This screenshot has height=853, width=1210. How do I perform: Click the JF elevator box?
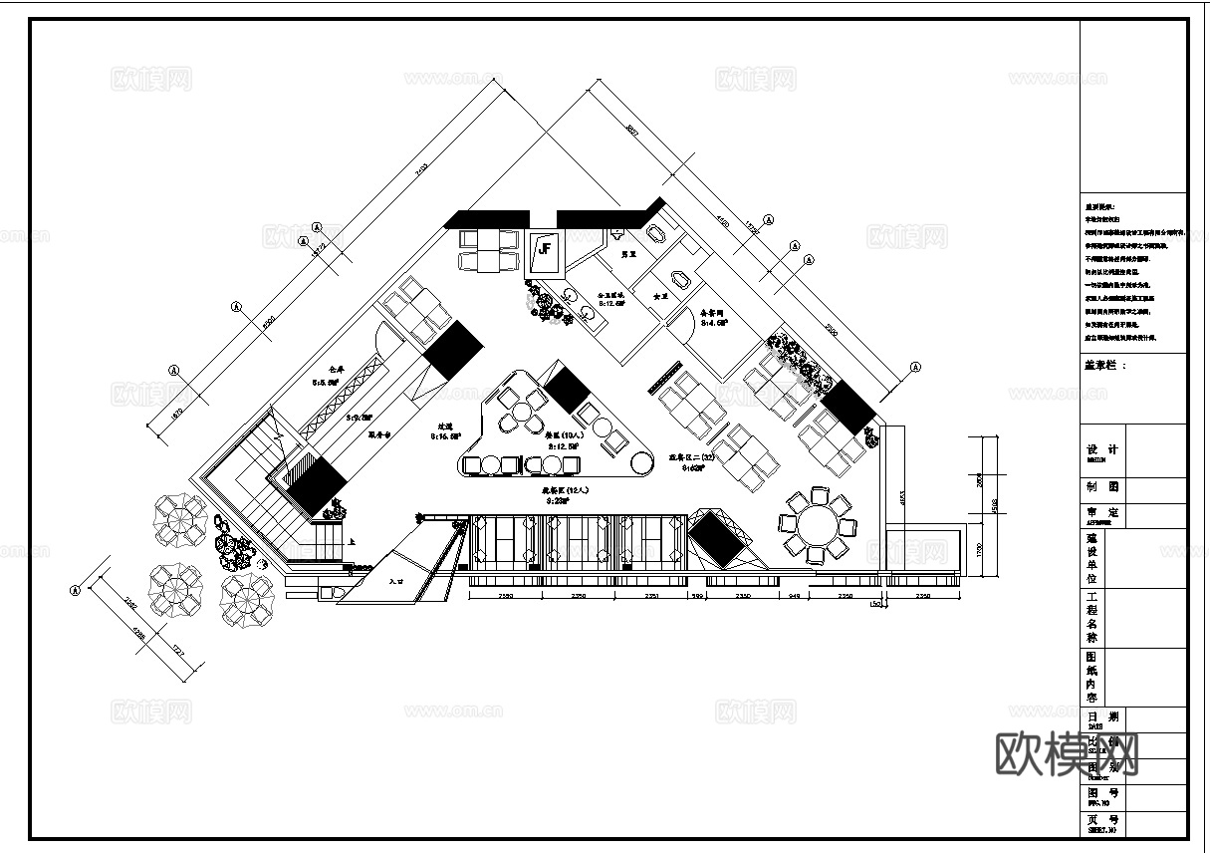coord(546,250)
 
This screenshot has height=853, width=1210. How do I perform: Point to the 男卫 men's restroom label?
coord(628,255)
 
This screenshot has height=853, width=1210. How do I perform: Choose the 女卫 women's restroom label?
coord(658,296)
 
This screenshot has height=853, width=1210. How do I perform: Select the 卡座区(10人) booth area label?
coord(562,434)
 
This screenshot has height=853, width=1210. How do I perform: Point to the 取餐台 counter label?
coord(381,434)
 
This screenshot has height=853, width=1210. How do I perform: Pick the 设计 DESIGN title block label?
coord(1101,450)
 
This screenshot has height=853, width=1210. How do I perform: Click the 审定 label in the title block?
coord(1101,513)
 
